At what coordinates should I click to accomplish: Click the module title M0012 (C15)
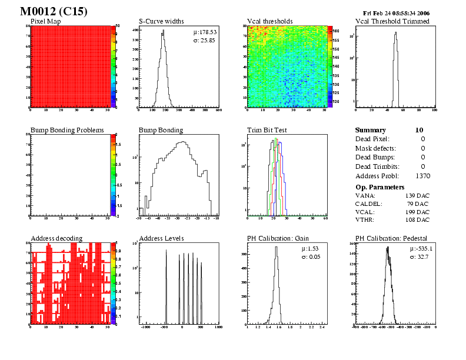[x=54, y=11]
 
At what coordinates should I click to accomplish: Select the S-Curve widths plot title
[x=161, y=22]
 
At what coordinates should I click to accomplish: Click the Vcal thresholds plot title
[x=269, y=22]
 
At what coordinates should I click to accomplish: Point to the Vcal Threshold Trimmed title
[x=392, y=22]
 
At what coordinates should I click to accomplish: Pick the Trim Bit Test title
[x=267, y=130]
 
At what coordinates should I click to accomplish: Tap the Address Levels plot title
[x=161, y=238]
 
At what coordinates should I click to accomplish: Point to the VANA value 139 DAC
[x=417, y=195]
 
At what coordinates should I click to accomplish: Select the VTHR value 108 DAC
[x=417, y=219]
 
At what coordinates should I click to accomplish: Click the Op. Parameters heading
[x=380, y=186]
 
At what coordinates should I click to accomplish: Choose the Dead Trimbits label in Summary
[x=377, y=166]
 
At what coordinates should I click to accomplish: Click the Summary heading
[x=371, y=130]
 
